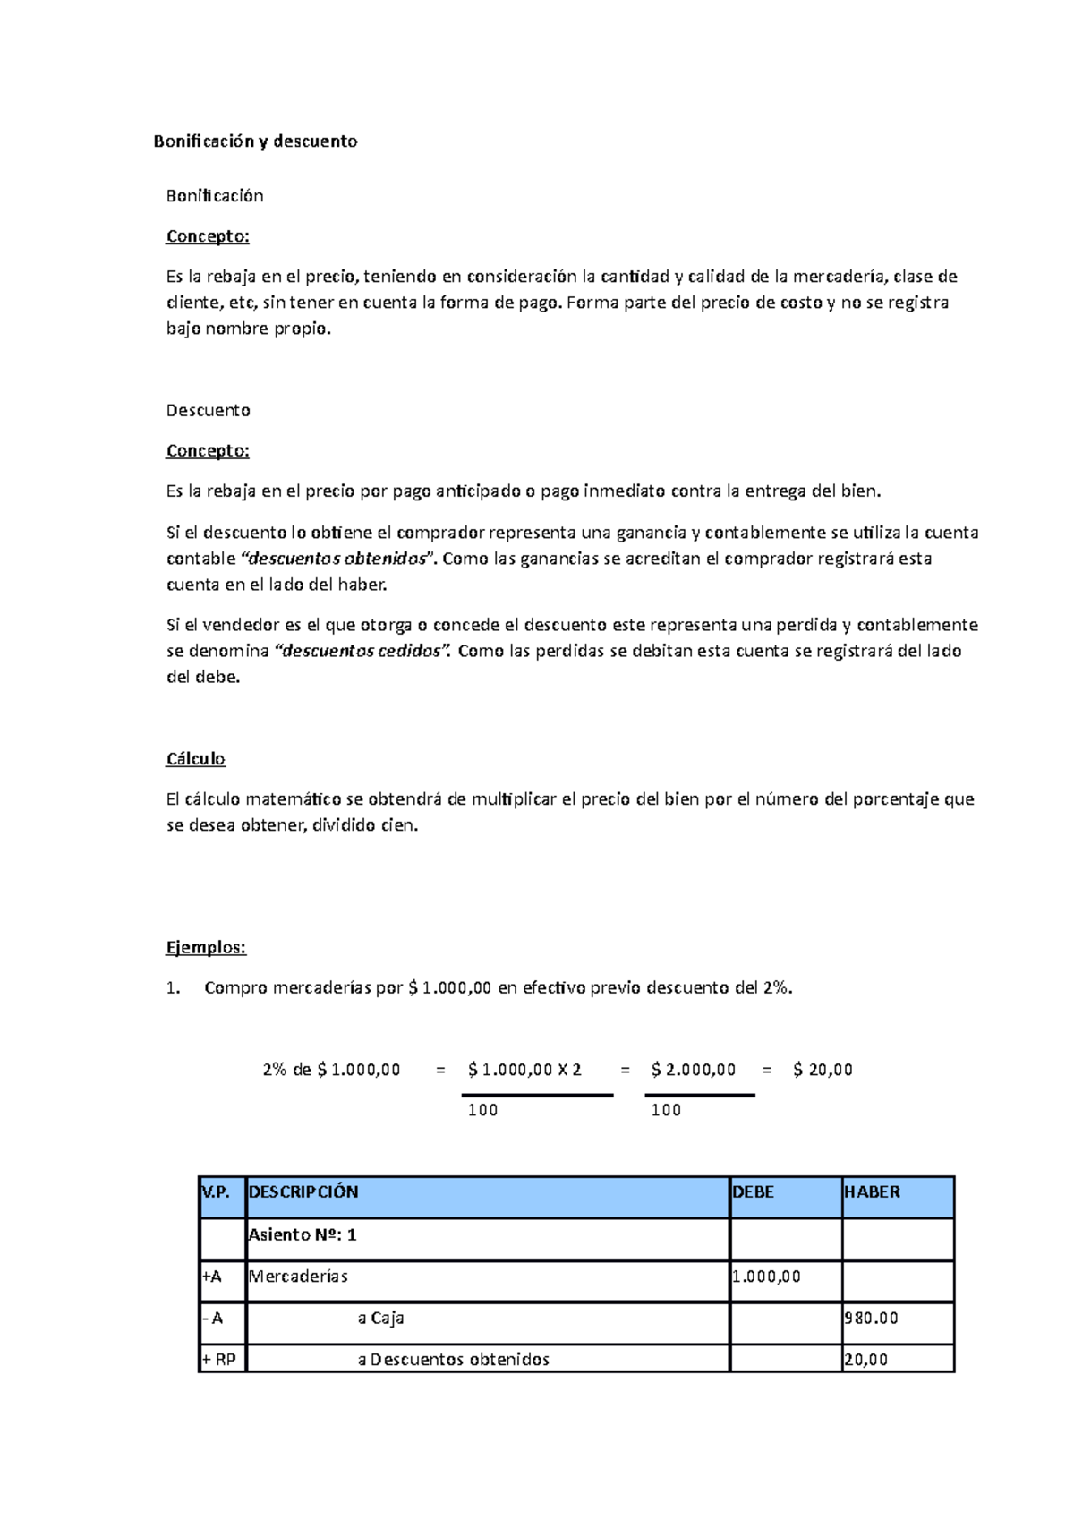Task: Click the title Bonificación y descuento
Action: point(255,141)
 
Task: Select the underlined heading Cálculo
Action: point(195,759)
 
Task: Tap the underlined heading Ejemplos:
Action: point(206,947)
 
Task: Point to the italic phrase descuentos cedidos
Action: point(362,651)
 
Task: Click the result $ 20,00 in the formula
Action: point(823,1070)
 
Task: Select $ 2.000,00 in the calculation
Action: point(694,1070)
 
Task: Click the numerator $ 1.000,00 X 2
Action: point(524,1070)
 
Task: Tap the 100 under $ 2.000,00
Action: point(666,1110)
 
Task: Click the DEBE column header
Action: point(753,1192)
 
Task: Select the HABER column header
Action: point(872,1192)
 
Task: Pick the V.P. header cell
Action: point(217,1192)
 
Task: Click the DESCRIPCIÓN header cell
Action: point(303,1192)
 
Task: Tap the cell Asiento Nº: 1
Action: point(303,1235)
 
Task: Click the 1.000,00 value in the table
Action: point(766,1277)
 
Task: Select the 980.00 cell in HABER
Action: point(871,1319)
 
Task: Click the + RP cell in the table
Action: point(219,1360)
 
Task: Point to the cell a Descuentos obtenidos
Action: point(453,1360)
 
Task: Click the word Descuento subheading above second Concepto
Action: point(208,411)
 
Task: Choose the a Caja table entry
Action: point(381,1319)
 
